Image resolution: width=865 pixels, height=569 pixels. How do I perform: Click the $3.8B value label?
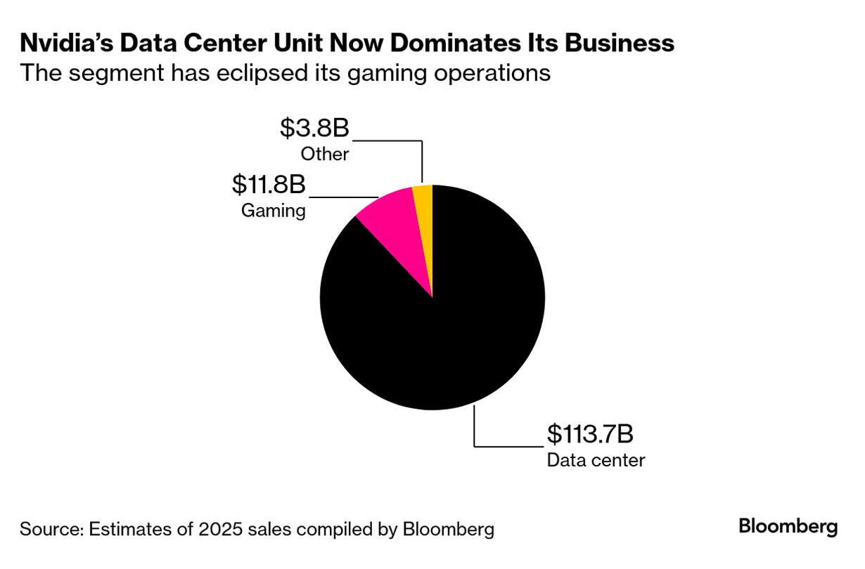[x=314, y=129]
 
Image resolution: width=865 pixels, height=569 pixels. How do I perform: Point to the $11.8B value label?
[x=269, y=185]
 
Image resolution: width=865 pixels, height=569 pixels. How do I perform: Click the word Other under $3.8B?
[x=325, y=154]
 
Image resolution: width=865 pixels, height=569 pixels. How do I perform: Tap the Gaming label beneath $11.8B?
[x=274, y=210]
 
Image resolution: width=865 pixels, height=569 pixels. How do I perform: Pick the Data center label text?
[x=596, y=460]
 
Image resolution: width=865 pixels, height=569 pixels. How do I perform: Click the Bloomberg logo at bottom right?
[x=788, y=526]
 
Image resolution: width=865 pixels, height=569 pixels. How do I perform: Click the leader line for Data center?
[x=506, y=445]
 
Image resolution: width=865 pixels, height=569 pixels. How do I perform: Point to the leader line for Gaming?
[x=345, y=197]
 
